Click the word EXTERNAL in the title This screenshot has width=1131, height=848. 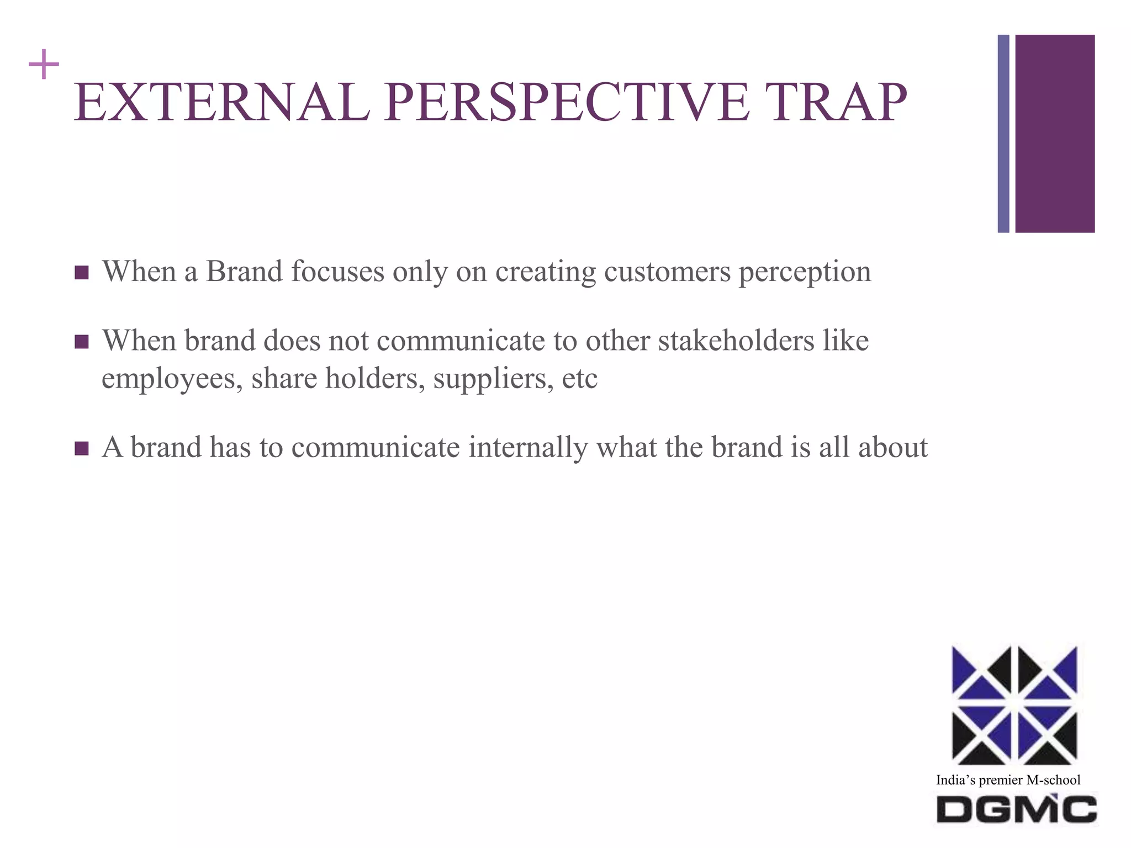[x=221, y=102]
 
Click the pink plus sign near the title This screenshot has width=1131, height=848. [x=44, y=65]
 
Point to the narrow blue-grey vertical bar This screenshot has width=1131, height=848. [x=1003, y=134]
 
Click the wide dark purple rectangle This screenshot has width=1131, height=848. [x=1055, y=134]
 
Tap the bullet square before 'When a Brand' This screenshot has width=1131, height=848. [x=81, y=273]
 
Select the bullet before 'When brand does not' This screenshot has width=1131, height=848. [x=81, y=342]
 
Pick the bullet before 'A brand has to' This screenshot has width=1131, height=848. [x=81, y=448]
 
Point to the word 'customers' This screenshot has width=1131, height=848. [x=667, y=272]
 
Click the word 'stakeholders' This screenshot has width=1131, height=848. [x=736, y=340]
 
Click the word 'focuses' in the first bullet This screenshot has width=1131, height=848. [x=337, y=272]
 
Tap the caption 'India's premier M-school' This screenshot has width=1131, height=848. [x=1008, y=780]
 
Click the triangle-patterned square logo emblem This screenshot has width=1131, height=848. [x=1014, y=705]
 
